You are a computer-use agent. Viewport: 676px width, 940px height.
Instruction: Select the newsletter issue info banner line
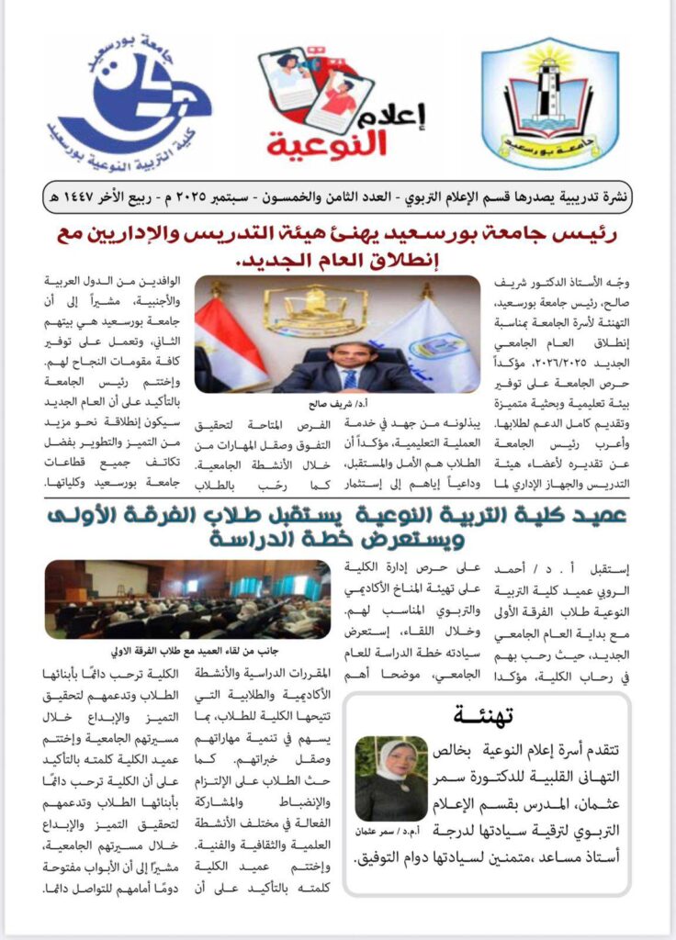[338, 196]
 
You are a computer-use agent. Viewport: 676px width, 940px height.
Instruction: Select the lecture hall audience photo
[187, 599]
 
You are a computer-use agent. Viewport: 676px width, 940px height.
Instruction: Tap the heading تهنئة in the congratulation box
[482, 714]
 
